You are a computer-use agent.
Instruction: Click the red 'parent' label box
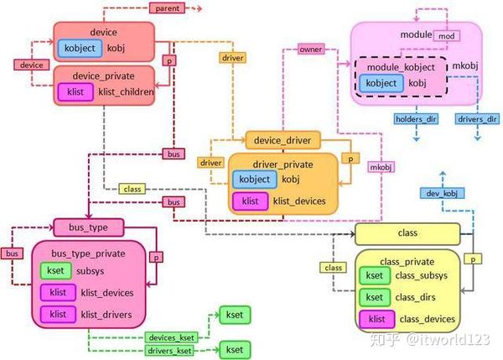[167, 8]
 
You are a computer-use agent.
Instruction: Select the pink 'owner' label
[310, 50]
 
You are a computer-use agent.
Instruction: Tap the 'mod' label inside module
[447, 36]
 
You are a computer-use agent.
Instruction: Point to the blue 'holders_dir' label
[416, 119]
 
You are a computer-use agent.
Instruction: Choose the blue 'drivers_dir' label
[477, 119]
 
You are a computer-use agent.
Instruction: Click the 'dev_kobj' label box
[442, 193]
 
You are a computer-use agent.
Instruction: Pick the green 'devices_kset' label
[171, 337]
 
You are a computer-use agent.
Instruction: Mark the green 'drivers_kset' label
[169, 351]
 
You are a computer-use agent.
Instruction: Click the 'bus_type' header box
[89, 227]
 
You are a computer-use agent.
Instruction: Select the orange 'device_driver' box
[283, 140]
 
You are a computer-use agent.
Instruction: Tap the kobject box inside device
[80, 48]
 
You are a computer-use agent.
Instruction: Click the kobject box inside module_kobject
[381, 83]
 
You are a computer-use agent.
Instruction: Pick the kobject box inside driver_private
[255, 180]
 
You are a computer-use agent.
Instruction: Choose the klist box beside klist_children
[75, 91]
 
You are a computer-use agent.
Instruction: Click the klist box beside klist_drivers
[58, 314]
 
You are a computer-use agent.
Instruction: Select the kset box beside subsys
[55, 270]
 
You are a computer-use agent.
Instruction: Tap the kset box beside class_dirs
[375, 297]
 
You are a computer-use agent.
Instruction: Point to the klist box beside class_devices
[377, 319]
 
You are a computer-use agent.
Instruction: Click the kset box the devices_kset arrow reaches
[235, 315]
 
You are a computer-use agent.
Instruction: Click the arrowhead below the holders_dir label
[416, 138]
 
